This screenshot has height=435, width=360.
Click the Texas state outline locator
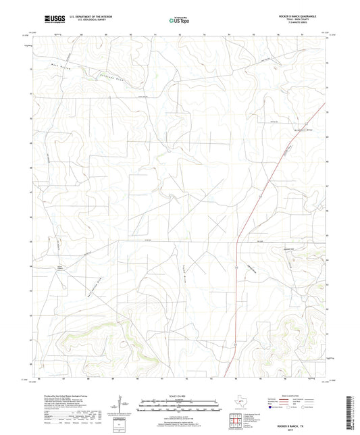point(242,406)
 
